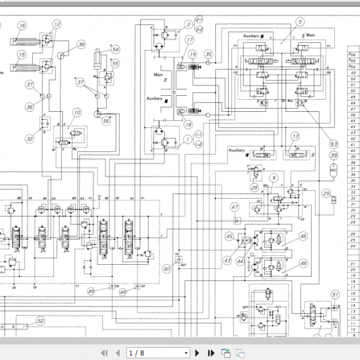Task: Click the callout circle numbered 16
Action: (x=22, y=26)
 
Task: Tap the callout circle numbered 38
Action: (x=81, y=44)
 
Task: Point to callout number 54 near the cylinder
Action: (x=115, y=49)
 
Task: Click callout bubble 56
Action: (x=107, y=120)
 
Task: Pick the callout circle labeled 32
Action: (x=29, y=138)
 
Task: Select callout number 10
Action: (x=77, y=113)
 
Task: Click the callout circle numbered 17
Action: (x=190, y=40)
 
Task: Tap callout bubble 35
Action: (x=208, y=55)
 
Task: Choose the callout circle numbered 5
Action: (x=300, y=22)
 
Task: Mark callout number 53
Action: (x=333, y=144)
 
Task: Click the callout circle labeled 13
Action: (x=295, y=136)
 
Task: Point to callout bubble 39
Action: (x=333, y=156)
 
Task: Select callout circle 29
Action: (x=327, y=194)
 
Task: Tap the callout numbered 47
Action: (x=235, y=207)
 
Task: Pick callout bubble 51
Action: (x=334, y=295)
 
